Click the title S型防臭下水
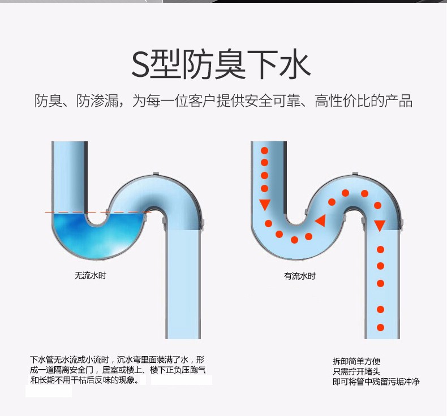(221, 65)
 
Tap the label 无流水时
(91, 276)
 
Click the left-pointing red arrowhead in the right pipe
(320, 220)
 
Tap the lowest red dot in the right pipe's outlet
(381, 327)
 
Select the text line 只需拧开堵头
(356, 371)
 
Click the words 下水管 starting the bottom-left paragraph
(41, 359)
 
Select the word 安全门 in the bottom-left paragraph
(85, 370)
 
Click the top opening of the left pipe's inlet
(70, 145)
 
